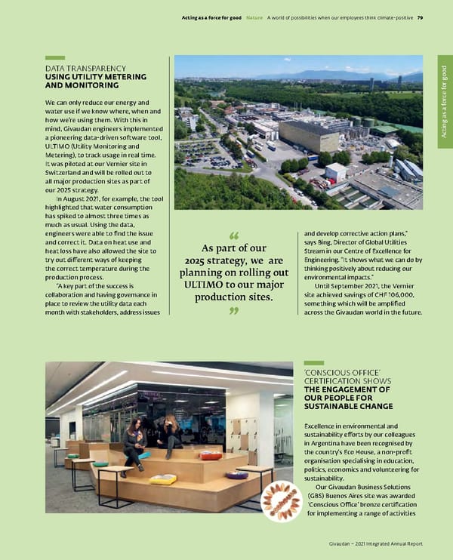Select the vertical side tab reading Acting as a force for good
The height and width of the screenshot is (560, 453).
445,102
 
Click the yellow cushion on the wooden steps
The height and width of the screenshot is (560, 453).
163,478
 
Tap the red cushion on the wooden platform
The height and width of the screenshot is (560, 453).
211,455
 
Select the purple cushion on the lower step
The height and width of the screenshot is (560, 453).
237,475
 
